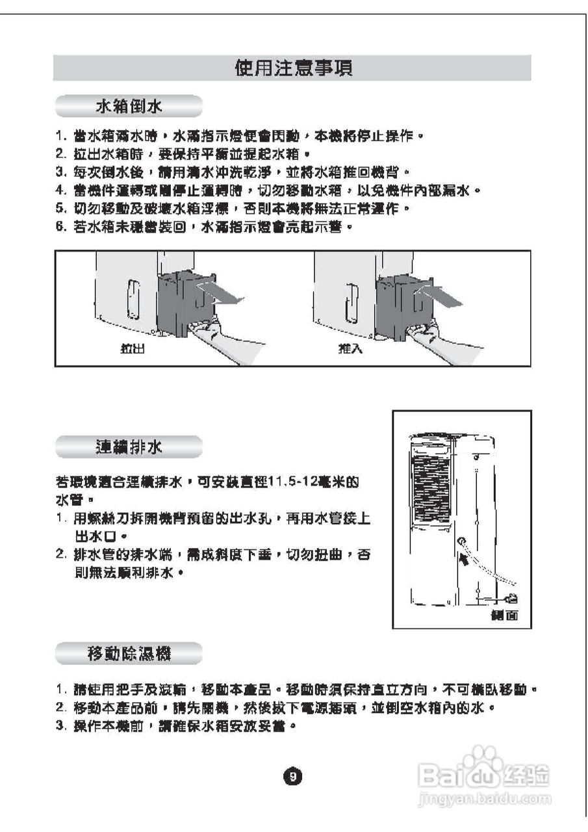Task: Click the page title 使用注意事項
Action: pos(294,68)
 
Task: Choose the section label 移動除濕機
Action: pos(129,653)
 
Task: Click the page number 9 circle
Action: pos(294,776)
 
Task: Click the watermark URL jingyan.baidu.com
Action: pos(485,798)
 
